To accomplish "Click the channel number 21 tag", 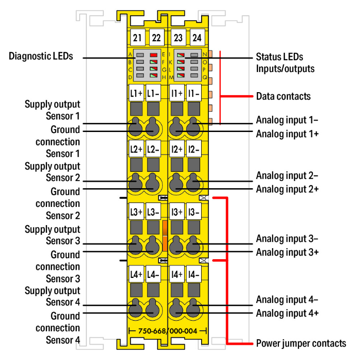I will point(136,37).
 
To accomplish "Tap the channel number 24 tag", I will point(196,37).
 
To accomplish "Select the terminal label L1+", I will point(136,93).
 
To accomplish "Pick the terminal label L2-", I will point(153,149).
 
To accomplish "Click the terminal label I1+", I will point(177,93).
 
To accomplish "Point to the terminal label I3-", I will point(194,212).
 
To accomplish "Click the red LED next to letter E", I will point(153,55).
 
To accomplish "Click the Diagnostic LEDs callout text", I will point(41,56).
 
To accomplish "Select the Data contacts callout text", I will point(283,96).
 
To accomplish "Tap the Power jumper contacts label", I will point(301,343).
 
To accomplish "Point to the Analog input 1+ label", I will point(288,133).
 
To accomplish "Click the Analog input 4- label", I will point(287,300).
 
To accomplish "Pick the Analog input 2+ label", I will point(288,189).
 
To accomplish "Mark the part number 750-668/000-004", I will point(168,331).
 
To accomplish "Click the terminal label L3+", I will point(136,212).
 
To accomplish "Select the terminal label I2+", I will point(177,149).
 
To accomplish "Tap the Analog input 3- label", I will point(287,239).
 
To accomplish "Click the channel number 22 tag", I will point(156,37).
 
